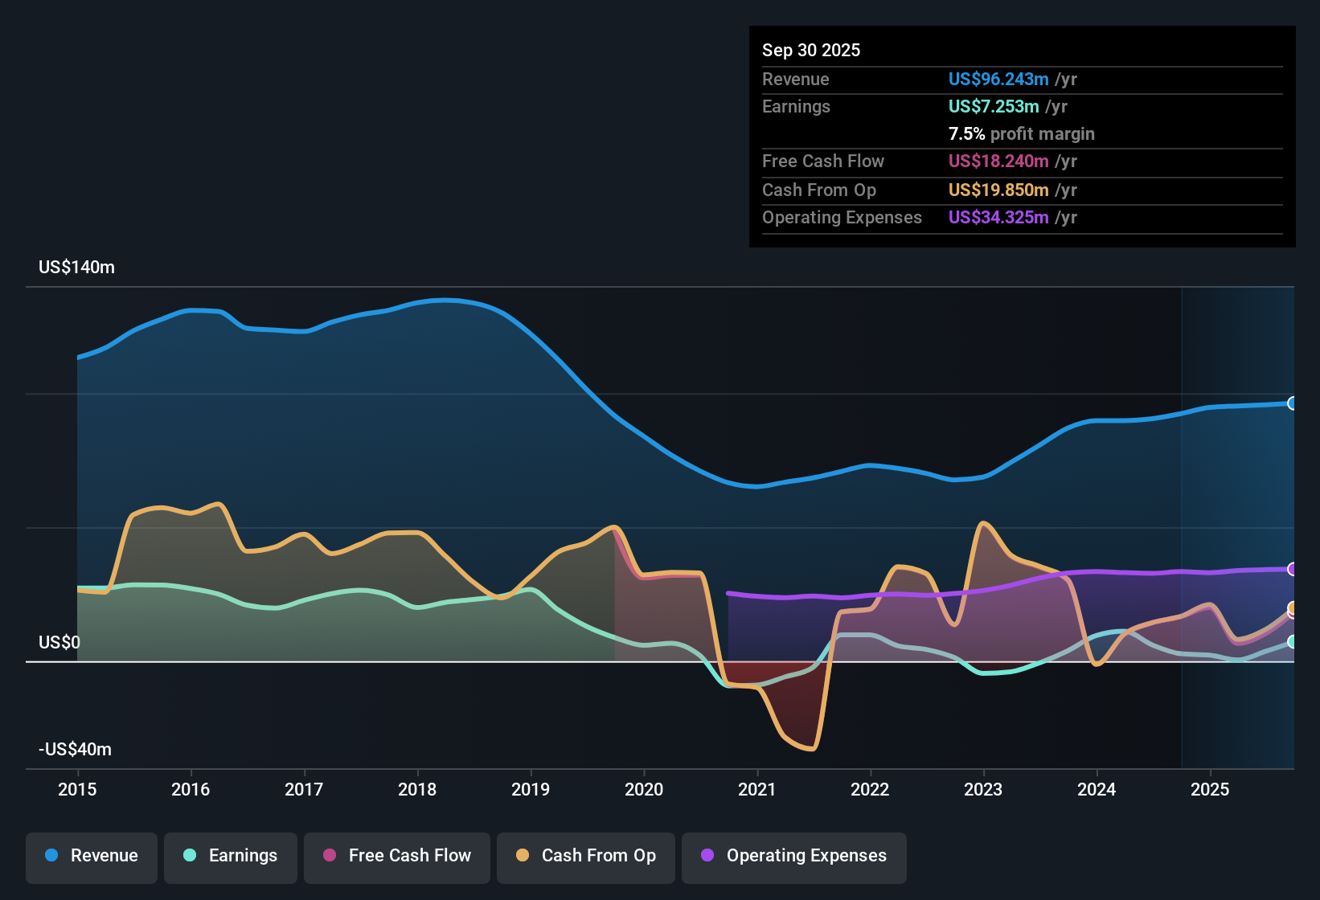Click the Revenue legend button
[x=92, y=856]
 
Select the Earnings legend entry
[x=231, y=856]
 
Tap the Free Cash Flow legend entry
[x=397, y=856]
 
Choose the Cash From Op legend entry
[x=586, y=856]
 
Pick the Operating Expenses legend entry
[x=794, y=856]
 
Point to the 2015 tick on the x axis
[x=77, y=789]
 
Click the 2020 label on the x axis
[x=644, y=789]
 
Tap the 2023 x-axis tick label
[x=983, y=789]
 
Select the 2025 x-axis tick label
[x=1210, y=789]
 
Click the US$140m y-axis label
[x=76, y=268]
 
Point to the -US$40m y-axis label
[x=75, y=750]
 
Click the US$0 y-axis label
[x=59, y=643]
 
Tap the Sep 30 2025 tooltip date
[x=811, y=50]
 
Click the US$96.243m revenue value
[x=998, y=79]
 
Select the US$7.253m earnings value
[x=994, y=106]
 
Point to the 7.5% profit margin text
[x=1021, y=133]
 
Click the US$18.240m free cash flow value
[x=998, y=161]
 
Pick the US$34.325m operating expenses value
[x=998, y=217]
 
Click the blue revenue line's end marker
[x=1292, y=403]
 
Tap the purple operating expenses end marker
[x=1292, y=569]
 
